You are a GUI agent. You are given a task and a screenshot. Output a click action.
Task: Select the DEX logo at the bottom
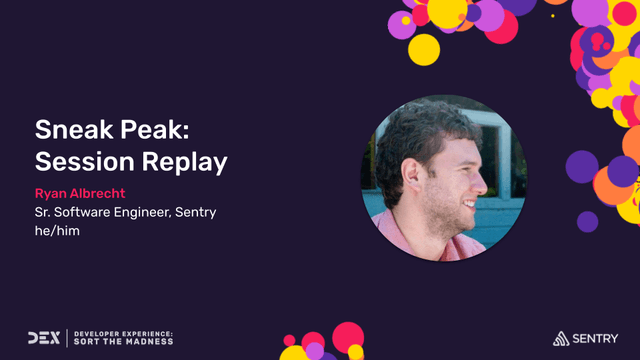point(45,338)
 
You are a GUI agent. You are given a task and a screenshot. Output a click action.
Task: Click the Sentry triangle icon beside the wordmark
point(562,338)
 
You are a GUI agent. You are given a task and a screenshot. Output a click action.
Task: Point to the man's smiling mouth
point(473,205)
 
